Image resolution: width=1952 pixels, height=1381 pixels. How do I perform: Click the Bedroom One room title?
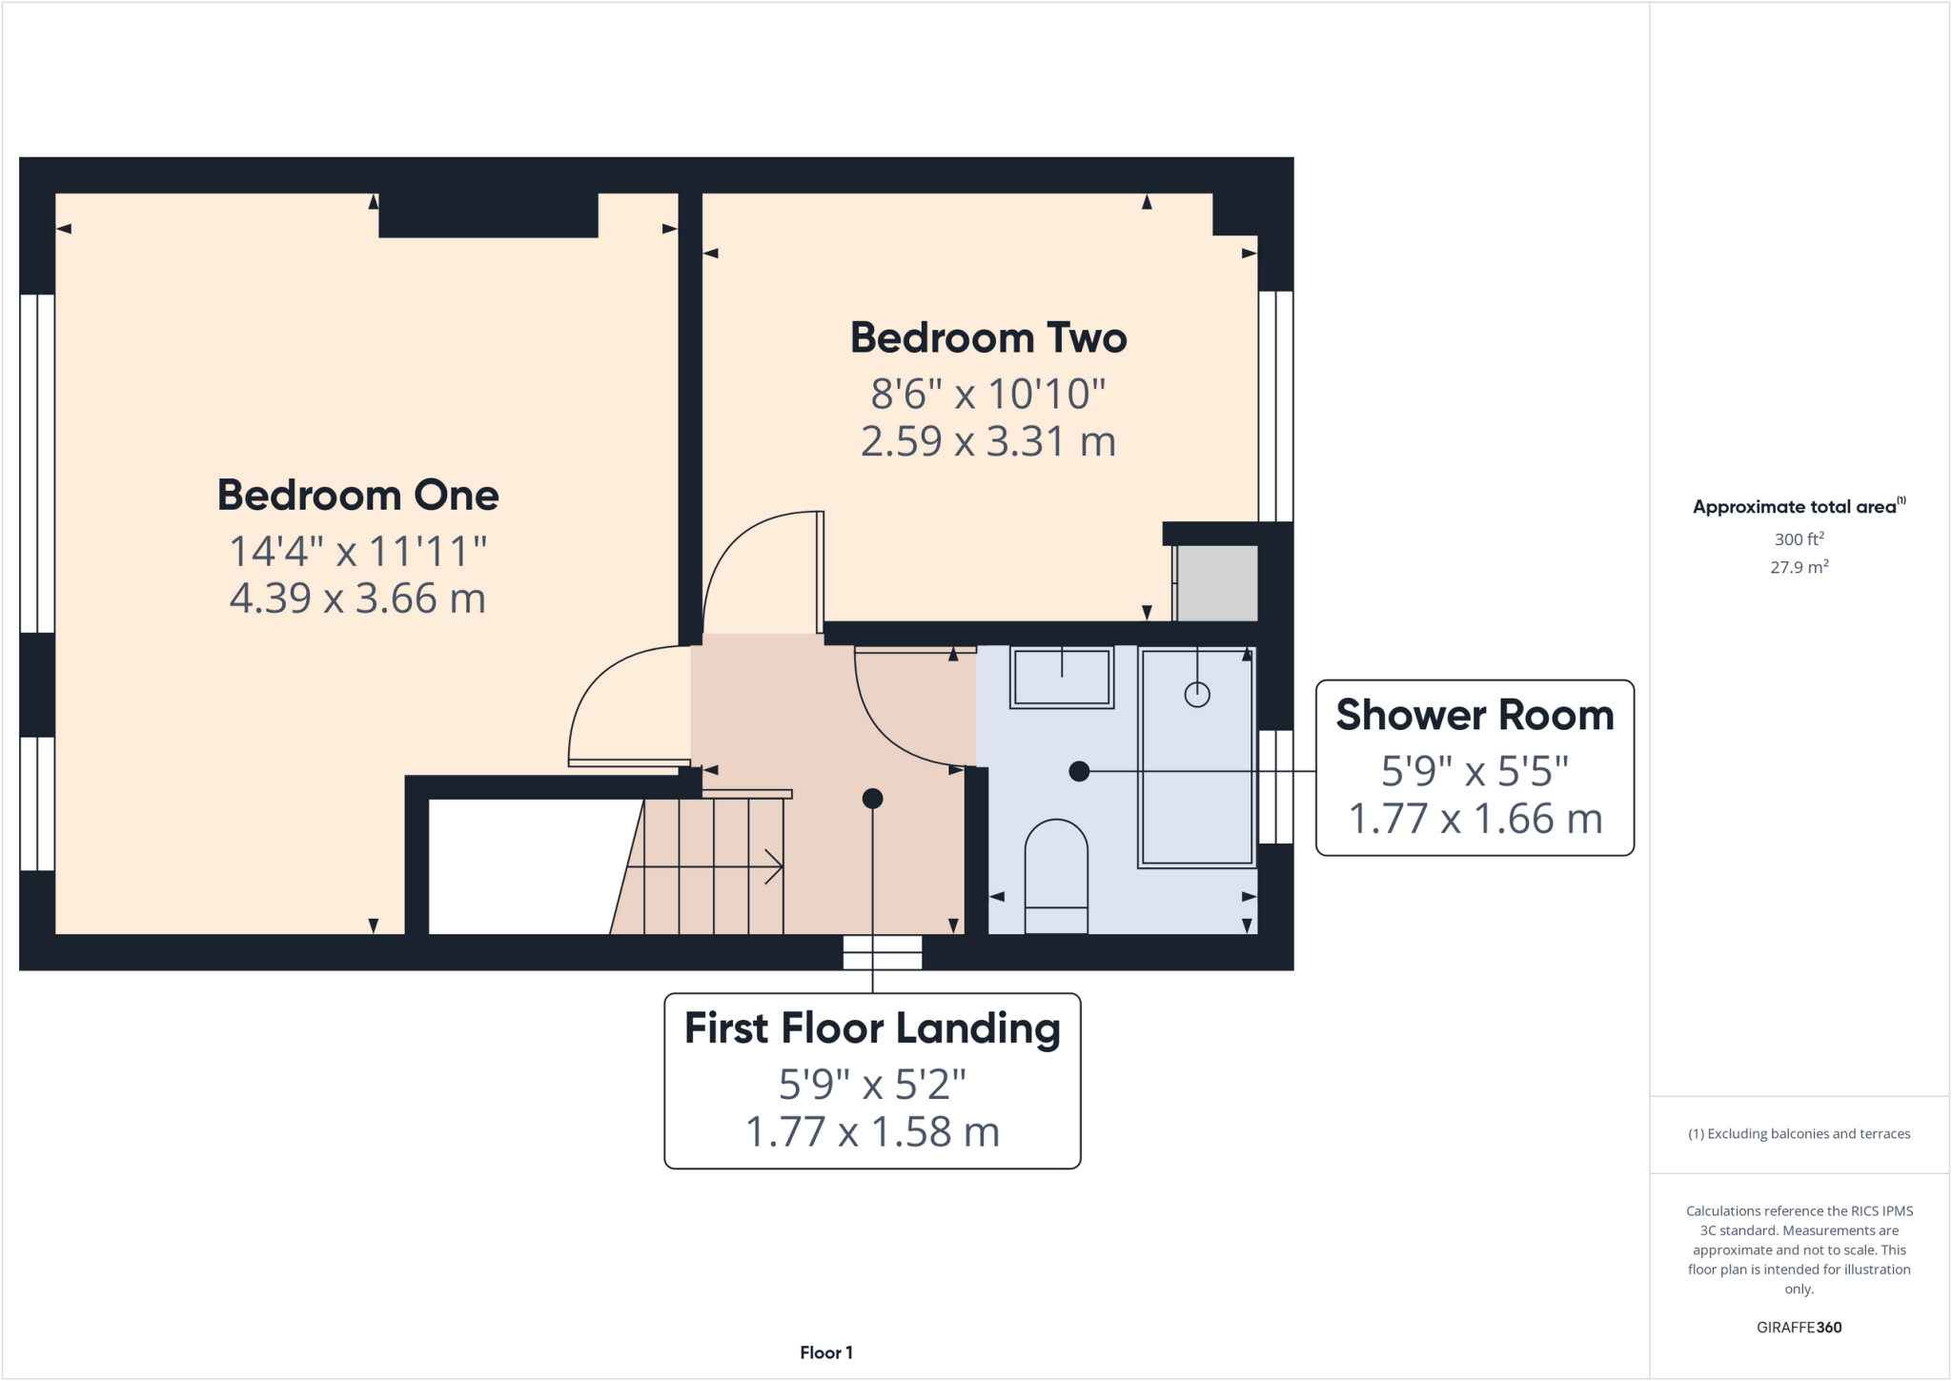[357, 496]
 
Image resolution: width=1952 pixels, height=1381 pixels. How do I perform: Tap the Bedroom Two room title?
[988, 338]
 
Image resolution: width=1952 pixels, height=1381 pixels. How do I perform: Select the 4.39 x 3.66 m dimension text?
[357, 599]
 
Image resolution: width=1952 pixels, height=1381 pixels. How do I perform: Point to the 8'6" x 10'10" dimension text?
[988, 394]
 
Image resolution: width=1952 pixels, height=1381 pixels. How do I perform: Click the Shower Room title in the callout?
[1474, 716]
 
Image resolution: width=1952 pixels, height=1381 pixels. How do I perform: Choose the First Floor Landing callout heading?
[872, 1028]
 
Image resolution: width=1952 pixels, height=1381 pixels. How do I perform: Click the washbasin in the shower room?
[1062, 678]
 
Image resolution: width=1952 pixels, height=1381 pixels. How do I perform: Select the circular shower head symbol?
[1197, 695]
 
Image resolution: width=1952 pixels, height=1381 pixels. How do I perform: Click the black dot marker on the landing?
[872, 799]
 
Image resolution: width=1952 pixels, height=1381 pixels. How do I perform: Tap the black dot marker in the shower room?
[1079, 771]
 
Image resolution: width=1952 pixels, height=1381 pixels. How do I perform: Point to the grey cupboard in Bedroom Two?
[1217, 582]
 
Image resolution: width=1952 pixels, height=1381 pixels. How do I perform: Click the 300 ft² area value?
[1799, 539]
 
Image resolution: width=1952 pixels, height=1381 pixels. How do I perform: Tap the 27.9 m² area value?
[1799, 567]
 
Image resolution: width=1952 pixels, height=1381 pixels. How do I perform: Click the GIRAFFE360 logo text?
[1799, 1328]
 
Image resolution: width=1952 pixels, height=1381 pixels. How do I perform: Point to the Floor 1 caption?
[826, 1352]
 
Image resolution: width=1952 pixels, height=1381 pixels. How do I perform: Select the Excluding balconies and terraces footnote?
[1799, 1134]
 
